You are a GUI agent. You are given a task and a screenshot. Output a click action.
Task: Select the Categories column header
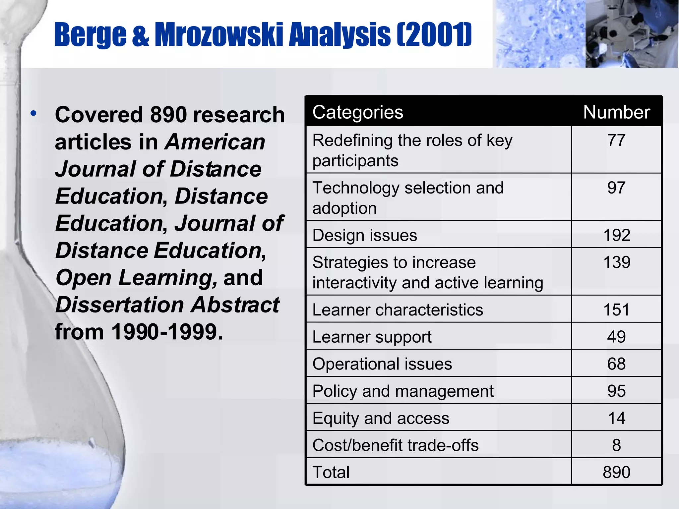click(358, 112)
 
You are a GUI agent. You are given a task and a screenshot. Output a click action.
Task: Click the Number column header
click(616, 112)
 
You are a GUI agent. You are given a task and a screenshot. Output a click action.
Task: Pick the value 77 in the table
click(616, 140)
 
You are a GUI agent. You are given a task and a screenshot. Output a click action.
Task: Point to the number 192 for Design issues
click(616, 235)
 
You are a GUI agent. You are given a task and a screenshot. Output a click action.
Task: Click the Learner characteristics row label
click(398, 310)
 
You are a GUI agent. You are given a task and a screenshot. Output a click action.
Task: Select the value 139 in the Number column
click(616, 262)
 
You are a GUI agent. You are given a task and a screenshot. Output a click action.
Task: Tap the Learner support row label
click(372, 337)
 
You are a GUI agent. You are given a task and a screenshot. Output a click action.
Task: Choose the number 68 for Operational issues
click(616, 364)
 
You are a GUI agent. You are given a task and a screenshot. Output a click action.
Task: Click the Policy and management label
click(403, 391)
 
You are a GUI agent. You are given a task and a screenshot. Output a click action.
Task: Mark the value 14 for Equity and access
click(616, 418)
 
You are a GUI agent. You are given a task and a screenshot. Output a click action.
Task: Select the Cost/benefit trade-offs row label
click(395, 445)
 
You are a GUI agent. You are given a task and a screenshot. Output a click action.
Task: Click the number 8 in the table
click(616, 445)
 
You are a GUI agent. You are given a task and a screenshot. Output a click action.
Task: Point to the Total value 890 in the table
click(616, 472)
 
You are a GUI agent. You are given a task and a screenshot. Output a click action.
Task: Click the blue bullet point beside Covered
click(33, 114)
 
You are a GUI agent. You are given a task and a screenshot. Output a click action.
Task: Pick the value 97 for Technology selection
click(616, 188)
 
